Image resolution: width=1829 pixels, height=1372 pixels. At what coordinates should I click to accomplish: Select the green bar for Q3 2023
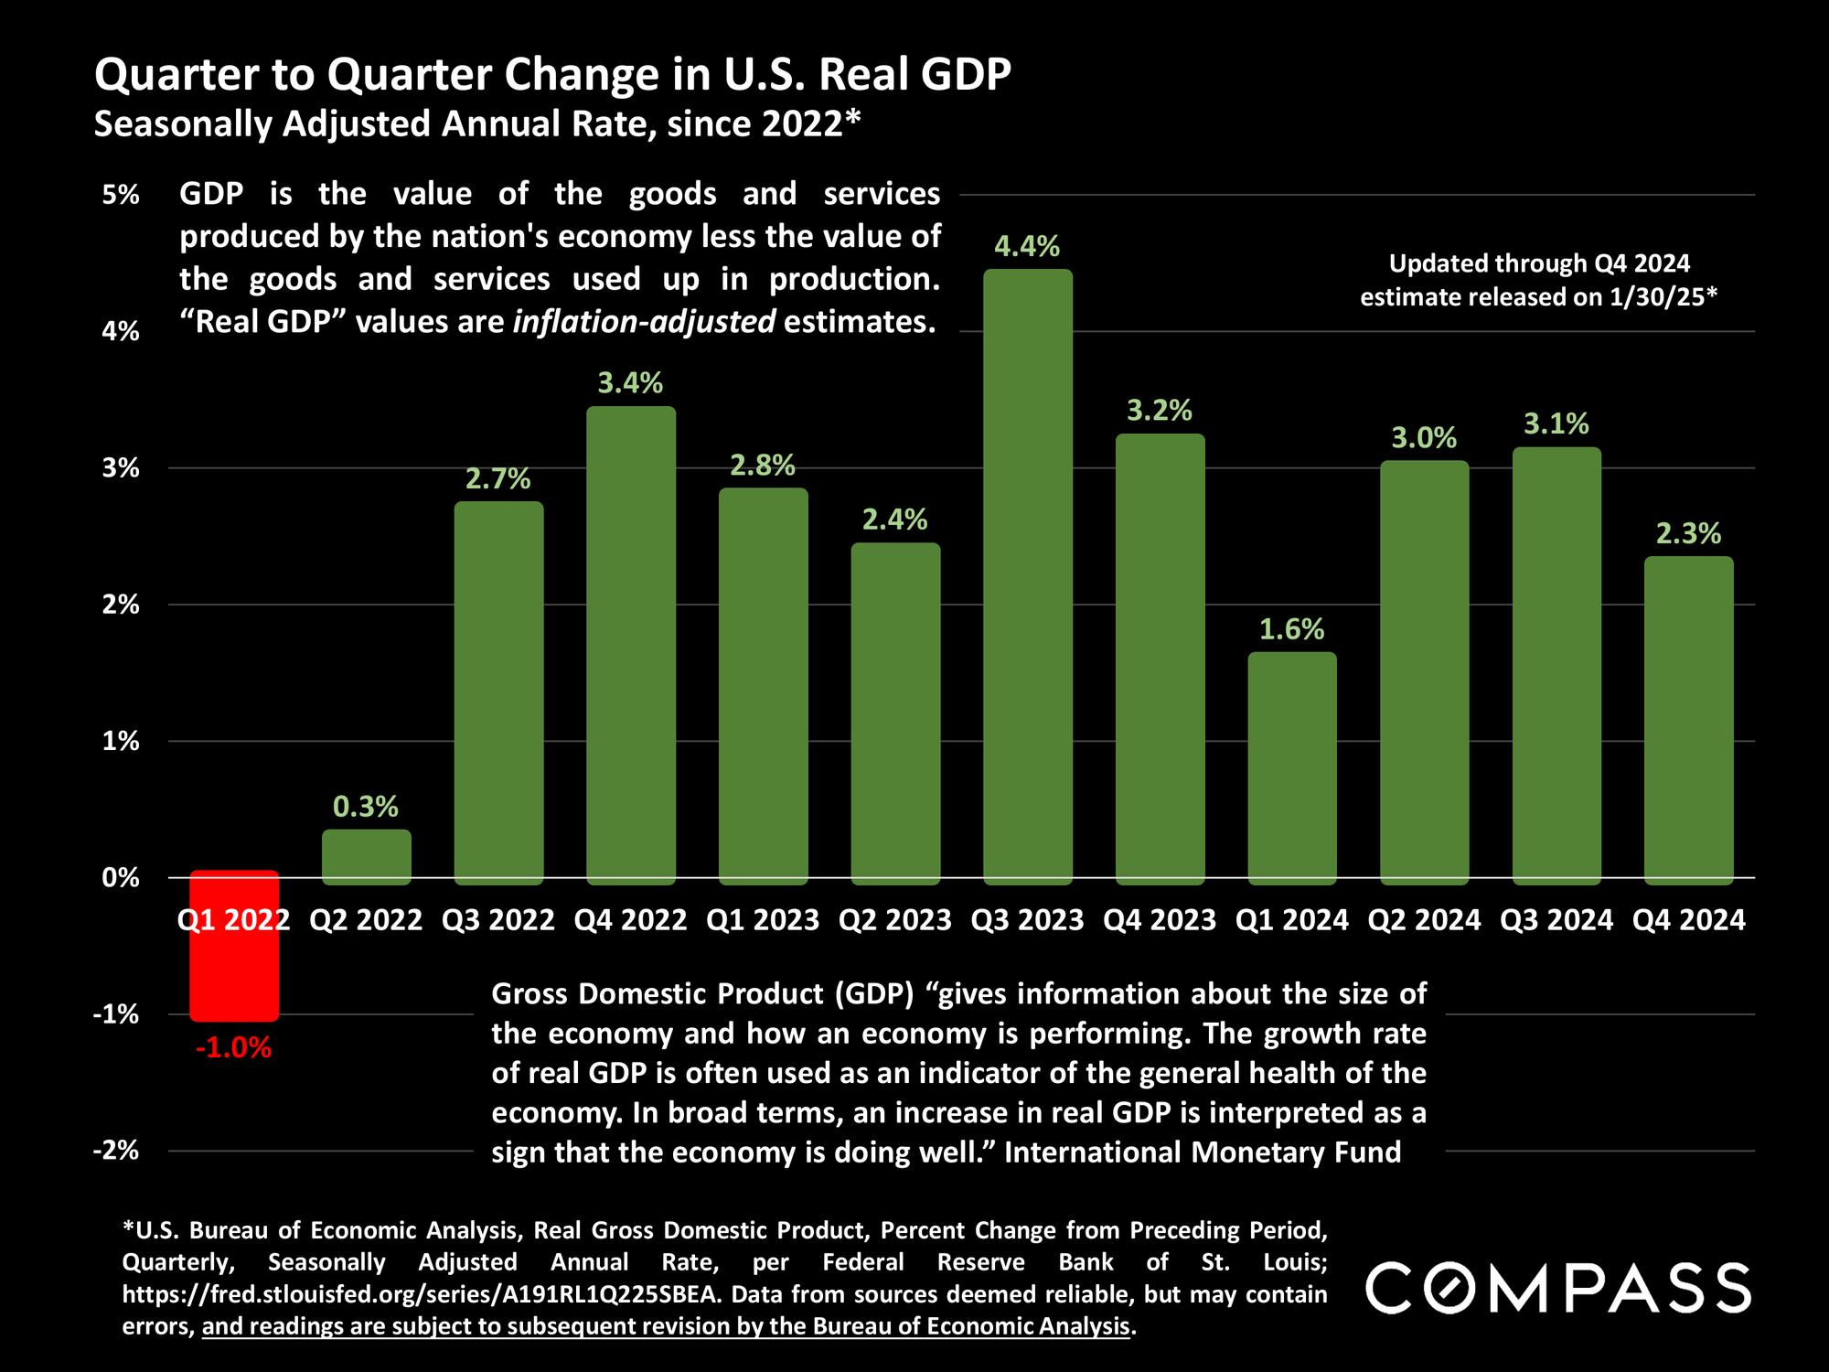tap(1027, 576)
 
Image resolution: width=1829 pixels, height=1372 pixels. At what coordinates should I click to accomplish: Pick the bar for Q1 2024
tap(1292, 768)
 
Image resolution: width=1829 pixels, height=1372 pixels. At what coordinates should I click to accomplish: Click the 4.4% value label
tap(1027, 246)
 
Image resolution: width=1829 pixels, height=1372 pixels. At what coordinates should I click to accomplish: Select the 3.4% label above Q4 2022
tap(630, 382)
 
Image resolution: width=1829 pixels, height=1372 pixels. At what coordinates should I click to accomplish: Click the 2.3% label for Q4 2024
tap(1688, 533)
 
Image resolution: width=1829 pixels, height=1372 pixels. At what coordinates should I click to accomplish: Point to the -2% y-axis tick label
tap(116, 1151)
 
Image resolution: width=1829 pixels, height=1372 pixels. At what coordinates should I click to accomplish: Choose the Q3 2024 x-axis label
tap(1556, 919)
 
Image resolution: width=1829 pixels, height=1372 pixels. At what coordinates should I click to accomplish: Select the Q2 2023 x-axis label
tap(895, 919)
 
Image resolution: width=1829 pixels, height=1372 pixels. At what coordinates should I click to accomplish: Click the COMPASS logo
tap(1558, 1288)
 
